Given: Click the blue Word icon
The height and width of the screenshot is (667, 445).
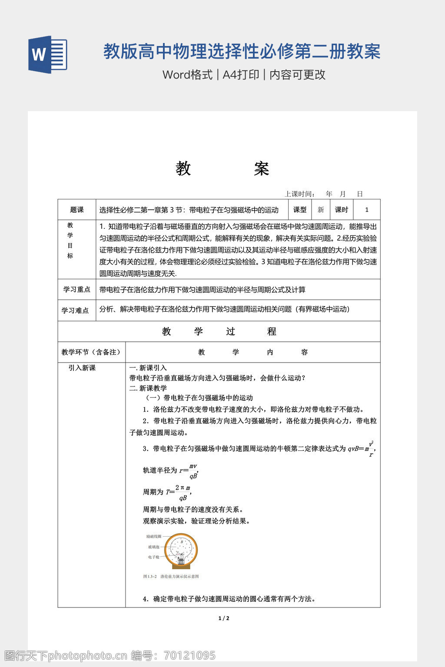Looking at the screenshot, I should click(x=47, y=54).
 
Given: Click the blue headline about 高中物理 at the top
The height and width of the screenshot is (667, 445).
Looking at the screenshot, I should click(x=242, y=52).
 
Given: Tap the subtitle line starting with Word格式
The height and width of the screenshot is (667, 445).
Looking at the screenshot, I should click(x=244, y=75).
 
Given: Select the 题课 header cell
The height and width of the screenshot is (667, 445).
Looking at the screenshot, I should click(x=77, y=210).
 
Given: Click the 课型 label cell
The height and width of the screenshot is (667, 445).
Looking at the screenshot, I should click(x=299, y=210).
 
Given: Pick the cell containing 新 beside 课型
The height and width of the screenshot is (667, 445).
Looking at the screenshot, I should click(x=321, y=210).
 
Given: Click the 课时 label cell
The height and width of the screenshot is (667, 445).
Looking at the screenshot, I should click(x=342, y=210).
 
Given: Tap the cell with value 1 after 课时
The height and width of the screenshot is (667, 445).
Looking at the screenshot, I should click(x=367, y=210).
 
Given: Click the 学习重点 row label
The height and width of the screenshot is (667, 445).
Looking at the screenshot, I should click(x=77, y=289).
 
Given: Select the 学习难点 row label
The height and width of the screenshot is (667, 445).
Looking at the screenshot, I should click(x=75, y=310).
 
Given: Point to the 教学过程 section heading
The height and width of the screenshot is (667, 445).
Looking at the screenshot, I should click(x=219, y=331).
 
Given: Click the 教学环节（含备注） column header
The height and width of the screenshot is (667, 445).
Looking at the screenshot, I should click(x=91, y=352).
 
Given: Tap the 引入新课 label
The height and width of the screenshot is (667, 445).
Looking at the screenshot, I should click(x=82, y=368).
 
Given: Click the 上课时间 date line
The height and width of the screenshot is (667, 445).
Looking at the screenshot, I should click(x=323, y=194).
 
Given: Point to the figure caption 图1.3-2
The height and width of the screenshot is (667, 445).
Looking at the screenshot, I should click(x=171, y=577).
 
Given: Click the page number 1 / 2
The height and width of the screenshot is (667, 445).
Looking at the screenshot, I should click(x=223, y=618).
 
